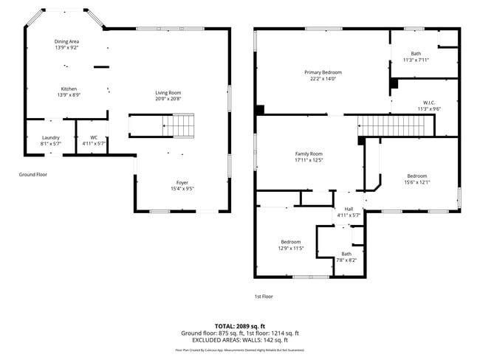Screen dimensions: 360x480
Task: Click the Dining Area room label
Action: click(x=66, y=42)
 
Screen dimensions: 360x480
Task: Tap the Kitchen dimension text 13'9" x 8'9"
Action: click(x=68, y=95)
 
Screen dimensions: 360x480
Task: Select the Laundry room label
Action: click(x=50, y=137)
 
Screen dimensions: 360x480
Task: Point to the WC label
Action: click(x=94, y=137)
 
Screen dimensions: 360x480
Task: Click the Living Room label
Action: click(x=168, y=92)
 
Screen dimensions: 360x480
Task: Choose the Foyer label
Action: click(x=182, y=182)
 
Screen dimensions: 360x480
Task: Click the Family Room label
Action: click(x=309, y=153)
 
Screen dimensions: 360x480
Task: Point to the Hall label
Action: click(x=349, y=209)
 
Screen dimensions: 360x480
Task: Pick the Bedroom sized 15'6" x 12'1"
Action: click(x=416, y=176)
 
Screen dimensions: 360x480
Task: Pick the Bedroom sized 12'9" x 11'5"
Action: click(x=290, y=242)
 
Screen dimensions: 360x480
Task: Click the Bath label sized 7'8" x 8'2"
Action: click(x=346, y=254)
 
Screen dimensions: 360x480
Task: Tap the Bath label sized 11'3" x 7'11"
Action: click(x=416, y=54)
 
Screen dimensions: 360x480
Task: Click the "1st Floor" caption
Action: click(x=264, y=296)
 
